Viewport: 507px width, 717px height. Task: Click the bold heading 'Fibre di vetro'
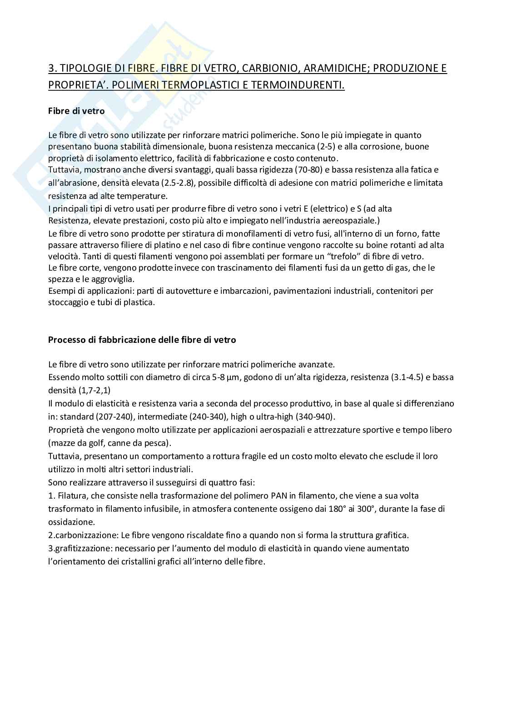[76, 111]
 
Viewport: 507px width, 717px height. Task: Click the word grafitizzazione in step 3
[80, 549]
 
